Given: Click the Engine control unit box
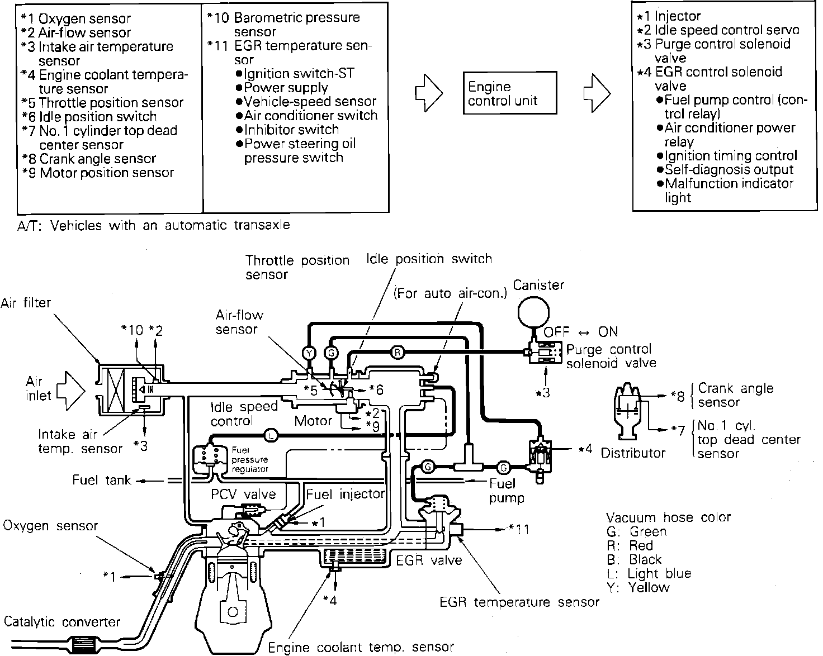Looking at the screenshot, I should coord(510,93).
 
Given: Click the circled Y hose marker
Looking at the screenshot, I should coord(309,353).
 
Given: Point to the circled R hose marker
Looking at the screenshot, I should coord(396,352).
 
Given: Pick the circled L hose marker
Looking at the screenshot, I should coord(271,435).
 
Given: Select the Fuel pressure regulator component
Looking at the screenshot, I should coord(209,459).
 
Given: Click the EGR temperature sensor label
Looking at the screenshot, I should coord(519,602).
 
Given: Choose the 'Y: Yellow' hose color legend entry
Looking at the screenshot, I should coord(638,587).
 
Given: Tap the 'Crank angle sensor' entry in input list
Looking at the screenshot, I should coord(97,159).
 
